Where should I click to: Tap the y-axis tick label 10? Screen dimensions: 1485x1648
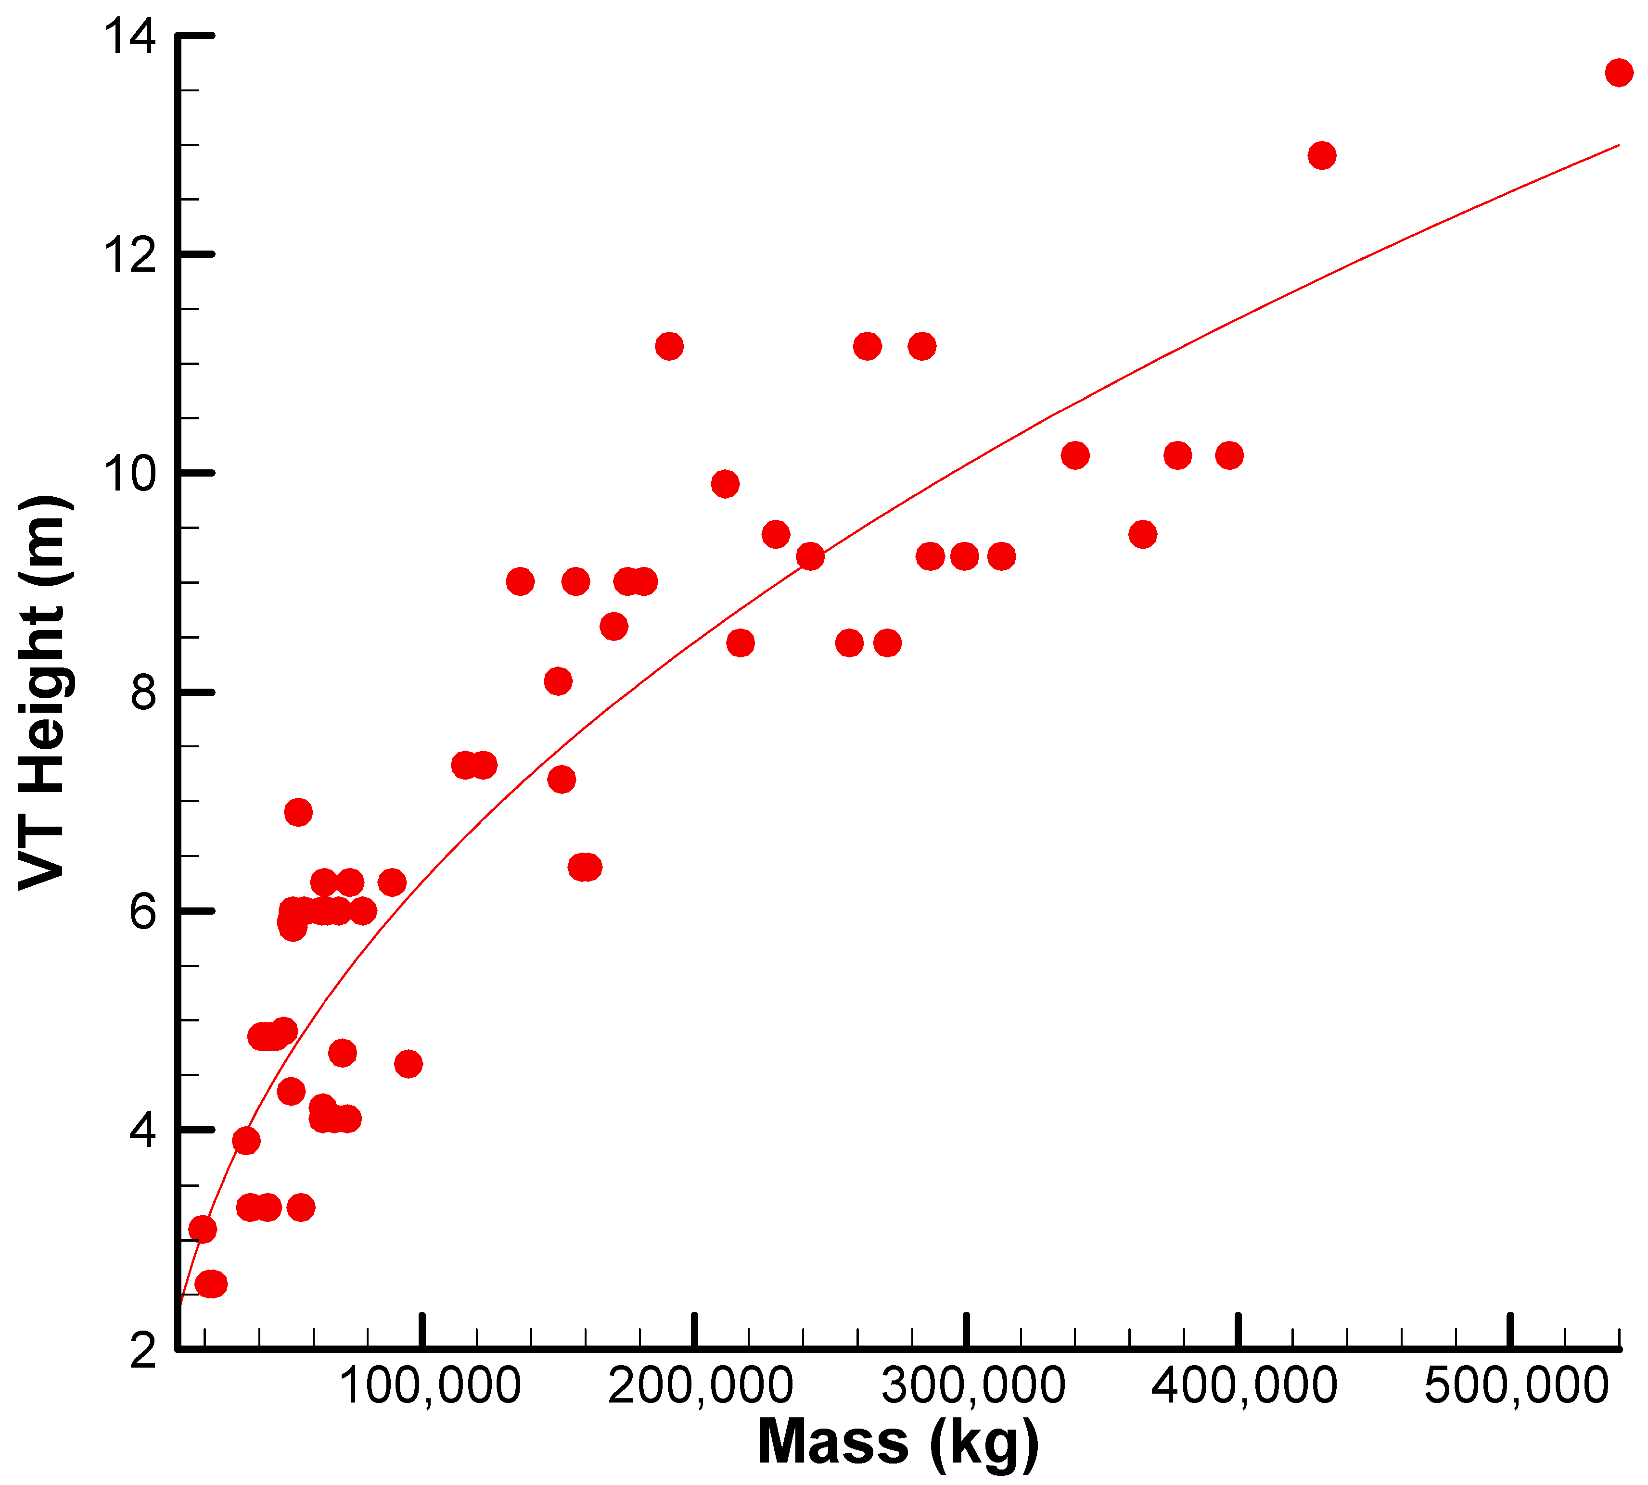tap(128, 475)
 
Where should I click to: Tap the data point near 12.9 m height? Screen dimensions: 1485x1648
tap(1321, 155)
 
